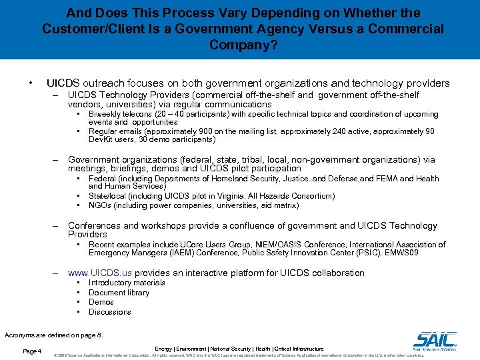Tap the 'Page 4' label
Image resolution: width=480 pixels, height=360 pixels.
coord(32,351)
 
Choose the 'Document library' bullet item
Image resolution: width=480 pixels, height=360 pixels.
coord(119,293)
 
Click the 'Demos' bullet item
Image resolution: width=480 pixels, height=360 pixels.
coord(101,302)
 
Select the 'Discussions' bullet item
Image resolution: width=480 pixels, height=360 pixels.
coord(109,312)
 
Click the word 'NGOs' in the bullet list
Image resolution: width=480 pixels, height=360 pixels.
coord(100,206)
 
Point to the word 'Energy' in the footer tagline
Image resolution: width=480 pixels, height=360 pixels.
coord(163,349)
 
